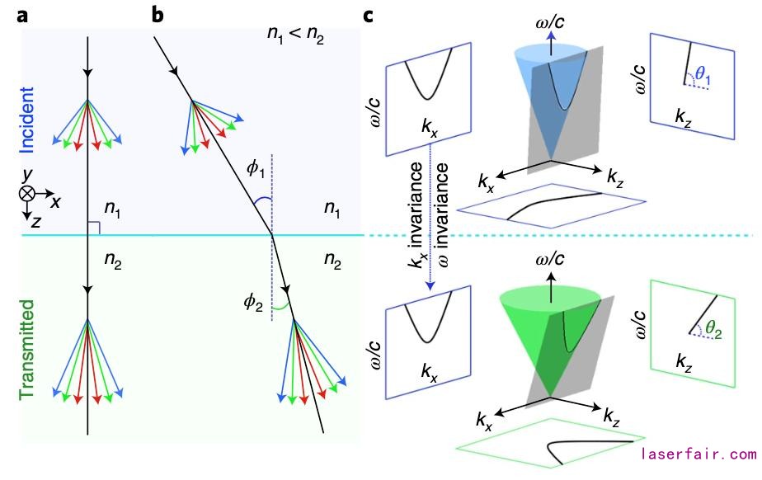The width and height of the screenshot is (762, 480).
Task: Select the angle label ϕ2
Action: click(x=253, y=302)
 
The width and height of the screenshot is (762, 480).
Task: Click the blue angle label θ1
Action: click(x=704, y=76)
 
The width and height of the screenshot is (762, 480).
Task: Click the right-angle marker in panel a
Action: click(x=93, y=228)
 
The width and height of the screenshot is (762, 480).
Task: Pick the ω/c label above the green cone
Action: click(x=551, y=261)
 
